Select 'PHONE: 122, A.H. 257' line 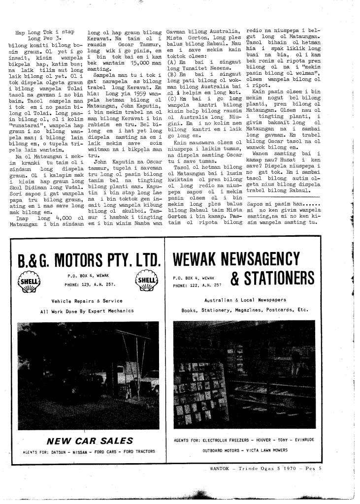pyautogui.click(x=197, y=285)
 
